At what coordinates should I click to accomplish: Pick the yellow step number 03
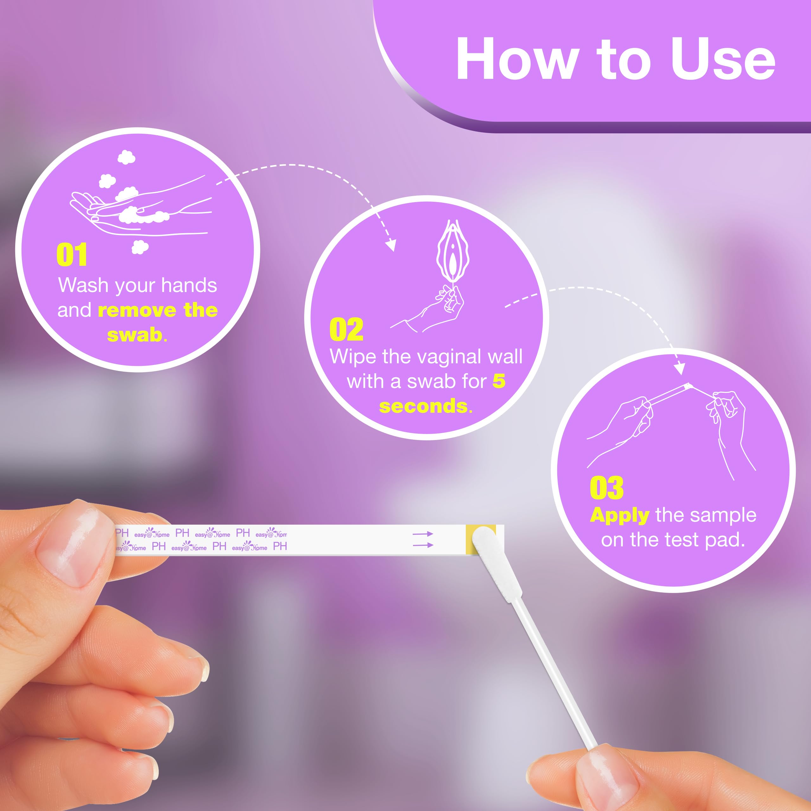pyautogui.click(x=607, y=488)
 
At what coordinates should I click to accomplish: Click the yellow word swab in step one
pyautogui.click(x=135, y=335)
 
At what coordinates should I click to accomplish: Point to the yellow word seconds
pyautogui.click(x=423, y=406)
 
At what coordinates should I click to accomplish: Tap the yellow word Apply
pyautogui.click(x=620, y=515)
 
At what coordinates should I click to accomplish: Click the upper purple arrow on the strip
pyautogui.click(x=422, y=534)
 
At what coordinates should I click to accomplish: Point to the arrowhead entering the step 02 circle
pyautogui.click(x=391, y=245)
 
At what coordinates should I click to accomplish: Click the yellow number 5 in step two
pyautogui.click(x=499, y=381)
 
